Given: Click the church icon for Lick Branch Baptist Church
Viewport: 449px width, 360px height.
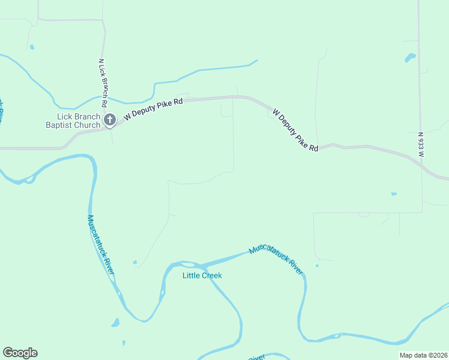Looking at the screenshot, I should coord(109,120).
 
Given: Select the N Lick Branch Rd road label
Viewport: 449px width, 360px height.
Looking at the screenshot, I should coord(103,78).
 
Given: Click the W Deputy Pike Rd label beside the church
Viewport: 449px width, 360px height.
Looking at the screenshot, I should coord(153,110).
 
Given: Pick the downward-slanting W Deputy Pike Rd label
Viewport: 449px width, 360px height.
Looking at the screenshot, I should coord(295,130).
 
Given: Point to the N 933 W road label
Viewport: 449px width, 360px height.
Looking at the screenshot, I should coord(421,145).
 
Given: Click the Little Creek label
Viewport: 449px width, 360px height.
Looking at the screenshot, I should coord(202,275).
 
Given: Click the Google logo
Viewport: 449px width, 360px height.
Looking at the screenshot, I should coord(20,353).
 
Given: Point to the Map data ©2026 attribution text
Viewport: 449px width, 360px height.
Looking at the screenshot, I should coord(423,355).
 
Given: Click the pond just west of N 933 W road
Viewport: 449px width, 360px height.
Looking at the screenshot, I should coord(411,58).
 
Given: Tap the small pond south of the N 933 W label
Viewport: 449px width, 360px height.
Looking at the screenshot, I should coord(394,194).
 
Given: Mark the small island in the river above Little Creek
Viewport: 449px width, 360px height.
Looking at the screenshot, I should coord(188,264).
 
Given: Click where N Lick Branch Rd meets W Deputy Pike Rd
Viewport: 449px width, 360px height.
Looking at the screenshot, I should coord(111,127).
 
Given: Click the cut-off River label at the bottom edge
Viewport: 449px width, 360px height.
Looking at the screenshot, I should coord(256,358).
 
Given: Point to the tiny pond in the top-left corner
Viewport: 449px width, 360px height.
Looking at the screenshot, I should coord(31,47).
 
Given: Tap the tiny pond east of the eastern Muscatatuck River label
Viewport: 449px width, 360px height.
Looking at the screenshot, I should coord(316,266).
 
